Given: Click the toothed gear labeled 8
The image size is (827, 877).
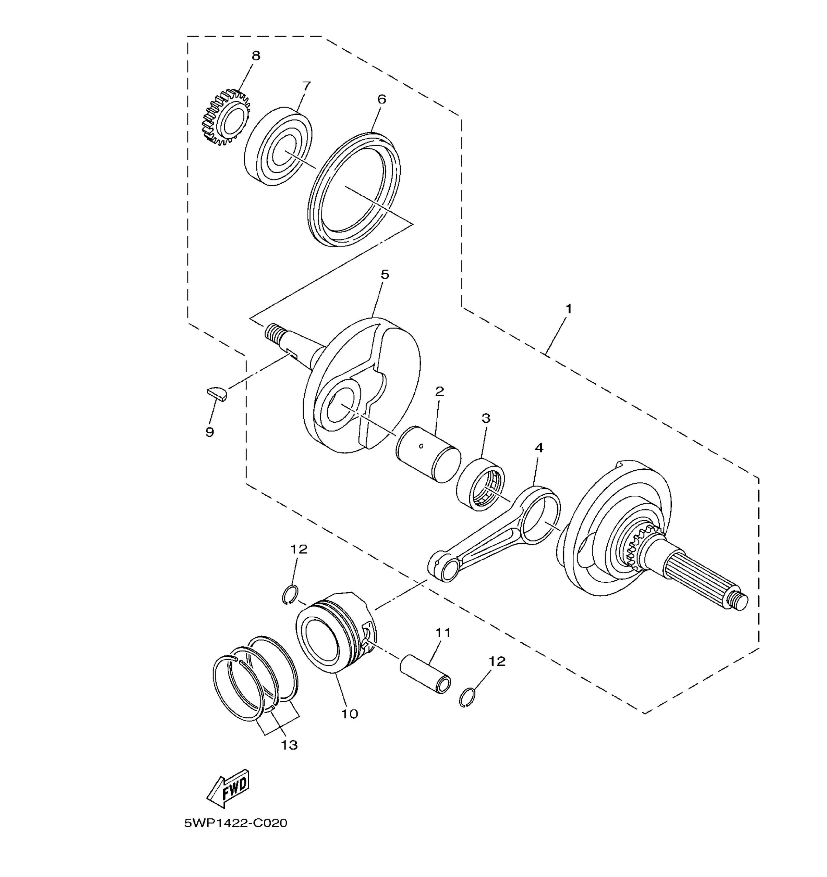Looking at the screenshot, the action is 226,118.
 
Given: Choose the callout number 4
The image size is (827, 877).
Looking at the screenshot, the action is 539,448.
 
